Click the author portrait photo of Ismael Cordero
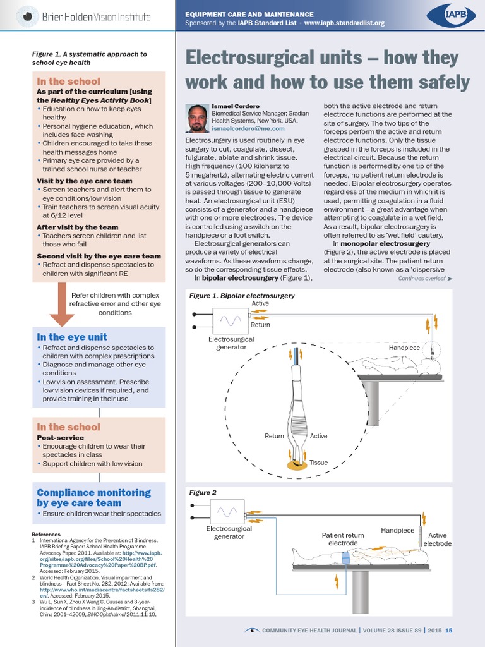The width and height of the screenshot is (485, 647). (198, 118)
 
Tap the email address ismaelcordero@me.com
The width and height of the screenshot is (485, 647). (243, 128)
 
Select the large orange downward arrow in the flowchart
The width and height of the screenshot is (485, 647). (62, 304)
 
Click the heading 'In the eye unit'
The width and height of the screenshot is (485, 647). (72, 337)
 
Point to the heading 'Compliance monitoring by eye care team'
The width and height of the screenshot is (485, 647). (93, 497)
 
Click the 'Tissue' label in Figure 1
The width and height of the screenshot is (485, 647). (318, 463)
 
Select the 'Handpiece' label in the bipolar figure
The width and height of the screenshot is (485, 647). (404, 348)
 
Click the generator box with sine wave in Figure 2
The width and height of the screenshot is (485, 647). (227, 511)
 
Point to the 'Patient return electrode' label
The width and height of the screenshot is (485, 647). (343, 539)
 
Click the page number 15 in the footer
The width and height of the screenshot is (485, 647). (448, 630)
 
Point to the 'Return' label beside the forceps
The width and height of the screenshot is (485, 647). (274, 436)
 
